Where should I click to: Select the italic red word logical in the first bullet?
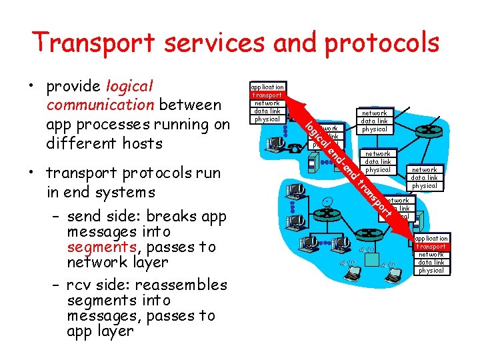tap(129, 87)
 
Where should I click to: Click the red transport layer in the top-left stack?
tap(267, 95)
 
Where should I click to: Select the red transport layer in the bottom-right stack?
tap(431, 247)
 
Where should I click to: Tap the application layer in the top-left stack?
tap(267, 87)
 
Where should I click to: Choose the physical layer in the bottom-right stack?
tap(431, 271)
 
